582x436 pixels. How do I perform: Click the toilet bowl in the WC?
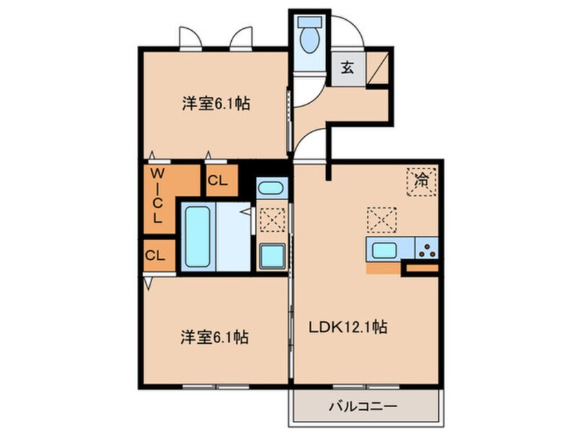click(310, 40)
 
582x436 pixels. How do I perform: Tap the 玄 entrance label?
click(347, 68)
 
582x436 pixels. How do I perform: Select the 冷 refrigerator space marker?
click(421, 182)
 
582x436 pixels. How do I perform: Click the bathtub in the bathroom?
click(198, 237)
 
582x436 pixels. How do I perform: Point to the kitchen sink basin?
click(384, 250)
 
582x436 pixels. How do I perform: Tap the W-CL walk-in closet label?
click(158, 195)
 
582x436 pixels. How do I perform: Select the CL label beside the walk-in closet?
click(217, 181)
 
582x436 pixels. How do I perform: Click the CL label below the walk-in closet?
click(155, 255)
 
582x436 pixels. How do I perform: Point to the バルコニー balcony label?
click(363, 406)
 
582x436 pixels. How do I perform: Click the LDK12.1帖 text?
click(348, 327)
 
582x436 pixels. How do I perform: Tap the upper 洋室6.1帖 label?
click(215, 104)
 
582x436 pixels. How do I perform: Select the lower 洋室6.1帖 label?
click(215, 337)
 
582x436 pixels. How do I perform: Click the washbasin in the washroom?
click(272, 188)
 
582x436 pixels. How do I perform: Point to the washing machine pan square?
click(272, 256)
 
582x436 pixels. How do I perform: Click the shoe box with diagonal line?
click(378, 68)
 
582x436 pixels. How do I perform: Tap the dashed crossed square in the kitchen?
click(382, 220)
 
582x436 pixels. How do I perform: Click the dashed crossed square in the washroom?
click(272, 220)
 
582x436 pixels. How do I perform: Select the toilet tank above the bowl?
click(310, 22)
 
